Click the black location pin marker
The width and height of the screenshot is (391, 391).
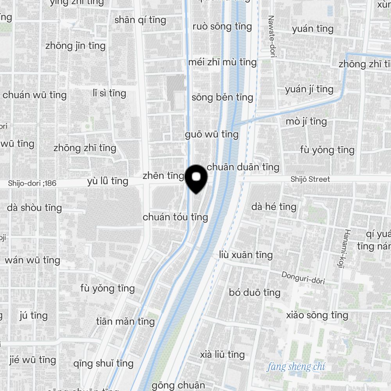(x=196, y=178)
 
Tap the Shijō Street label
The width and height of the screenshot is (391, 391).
(x=310, y=179)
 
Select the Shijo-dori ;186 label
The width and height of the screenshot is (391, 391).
(x=32, y=183)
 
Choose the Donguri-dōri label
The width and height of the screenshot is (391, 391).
(x=303, y=278)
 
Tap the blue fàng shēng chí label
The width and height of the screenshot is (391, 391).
(x=296, y=367)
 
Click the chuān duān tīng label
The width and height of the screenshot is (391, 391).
(x=243, y=167)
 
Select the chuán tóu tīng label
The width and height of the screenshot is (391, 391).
(x=175, y=217)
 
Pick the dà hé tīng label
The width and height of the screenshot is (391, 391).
(x=274, y=206)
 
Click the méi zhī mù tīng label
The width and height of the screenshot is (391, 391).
(x=222, y=62)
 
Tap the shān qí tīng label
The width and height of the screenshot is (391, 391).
(x=140, y=20)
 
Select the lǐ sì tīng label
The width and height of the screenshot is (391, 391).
(x=109, y=93)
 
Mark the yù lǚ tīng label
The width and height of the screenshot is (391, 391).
(x=108, y=181)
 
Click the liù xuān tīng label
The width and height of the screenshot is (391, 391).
(x=246, y=255)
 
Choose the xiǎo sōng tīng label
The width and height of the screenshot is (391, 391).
(x=317, y=315)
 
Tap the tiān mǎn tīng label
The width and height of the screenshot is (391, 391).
(x=125, y=322)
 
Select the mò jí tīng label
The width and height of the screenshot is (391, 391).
(x=306, y=122)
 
